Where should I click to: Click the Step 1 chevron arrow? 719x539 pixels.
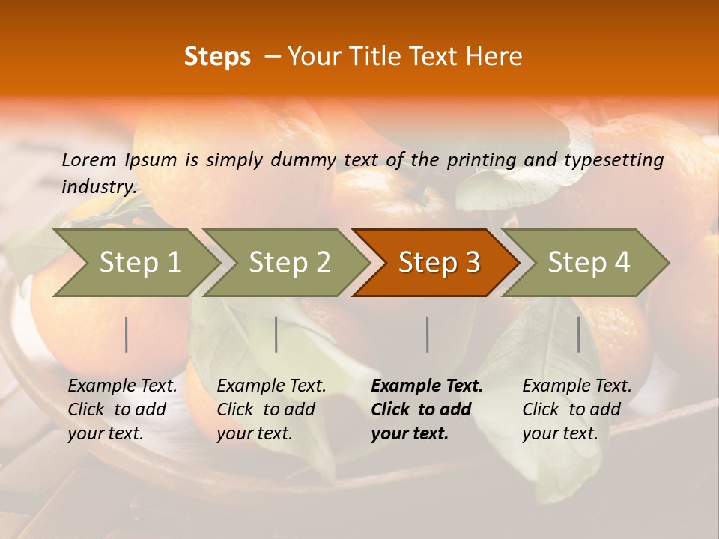coord(139,263)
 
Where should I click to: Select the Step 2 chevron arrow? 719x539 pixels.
coord(288,263)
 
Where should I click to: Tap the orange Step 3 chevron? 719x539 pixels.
coord(438,263)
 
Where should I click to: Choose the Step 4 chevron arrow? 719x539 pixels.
coord(588,263)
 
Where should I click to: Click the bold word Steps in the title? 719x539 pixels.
coord(217,57)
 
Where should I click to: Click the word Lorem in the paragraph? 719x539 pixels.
coord(89,160)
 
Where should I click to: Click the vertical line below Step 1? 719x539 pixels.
coord(127,334)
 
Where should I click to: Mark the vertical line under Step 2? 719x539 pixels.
coord(276,334)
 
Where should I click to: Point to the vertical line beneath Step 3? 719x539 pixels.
coord(428,334)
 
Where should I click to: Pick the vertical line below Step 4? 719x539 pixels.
coord(579,334)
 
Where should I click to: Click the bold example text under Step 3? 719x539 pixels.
coord(426,409)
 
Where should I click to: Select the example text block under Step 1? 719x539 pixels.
coord(122,409)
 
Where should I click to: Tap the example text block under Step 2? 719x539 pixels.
coord(271,409)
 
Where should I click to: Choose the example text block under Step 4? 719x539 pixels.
coord(577,409)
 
